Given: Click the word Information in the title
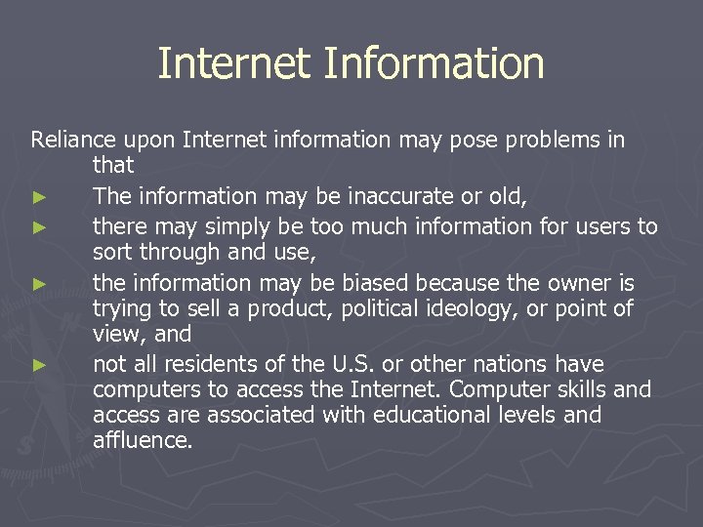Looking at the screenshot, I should pos(434,64).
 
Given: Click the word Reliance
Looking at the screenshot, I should pos(72,140).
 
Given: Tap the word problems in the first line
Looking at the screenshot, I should pos(543,140).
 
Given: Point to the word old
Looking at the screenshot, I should pos(507,197).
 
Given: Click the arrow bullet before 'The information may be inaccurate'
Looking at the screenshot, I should pos(38,198).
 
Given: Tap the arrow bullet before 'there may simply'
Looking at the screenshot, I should pos(38,227).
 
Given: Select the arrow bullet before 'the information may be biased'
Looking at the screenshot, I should pos(38,284).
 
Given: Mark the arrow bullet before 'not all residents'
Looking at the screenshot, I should pos(38,365).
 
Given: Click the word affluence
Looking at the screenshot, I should pos(143,440).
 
